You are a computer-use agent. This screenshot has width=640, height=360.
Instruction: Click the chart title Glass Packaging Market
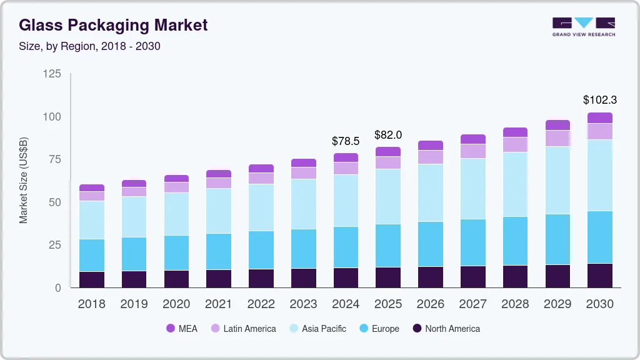(112, 26)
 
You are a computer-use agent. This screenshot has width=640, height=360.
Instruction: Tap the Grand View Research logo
(583, 26)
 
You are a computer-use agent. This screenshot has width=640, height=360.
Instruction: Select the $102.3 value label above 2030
(600, 99)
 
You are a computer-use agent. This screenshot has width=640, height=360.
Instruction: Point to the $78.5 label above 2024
(346, 141)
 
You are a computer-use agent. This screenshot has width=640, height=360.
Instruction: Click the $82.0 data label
(388, 134)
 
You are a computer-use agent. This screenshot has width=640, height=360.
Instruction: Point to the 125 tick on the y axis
(52, 74)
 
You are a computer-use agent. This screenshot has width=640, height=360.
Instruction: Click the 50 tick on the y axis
(55, 202)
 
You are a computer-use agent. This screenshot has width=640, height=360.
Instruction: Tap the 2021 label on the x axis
(219, 304)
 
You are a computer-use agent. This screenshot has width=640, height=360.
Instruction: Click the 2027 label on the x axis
(473, 304)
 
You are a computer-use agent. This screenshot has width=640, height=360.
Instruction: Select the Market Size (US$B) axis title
(24, 179)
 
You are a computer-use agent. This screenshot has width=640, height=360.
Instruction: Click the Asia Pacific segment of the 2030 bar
(600, 175)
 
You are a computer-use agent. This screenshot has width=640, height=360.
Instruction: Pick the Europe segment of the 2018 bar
(92, 255)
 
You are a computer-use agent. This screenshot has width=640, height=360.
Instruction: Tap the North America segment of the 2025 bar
(388, 277)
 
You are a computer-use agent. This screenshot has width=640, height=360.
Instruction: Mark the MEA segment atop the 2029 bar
(557, 125)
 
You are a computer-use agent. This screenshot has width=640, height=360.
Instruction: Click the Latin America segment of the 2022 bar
(261, 178)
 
